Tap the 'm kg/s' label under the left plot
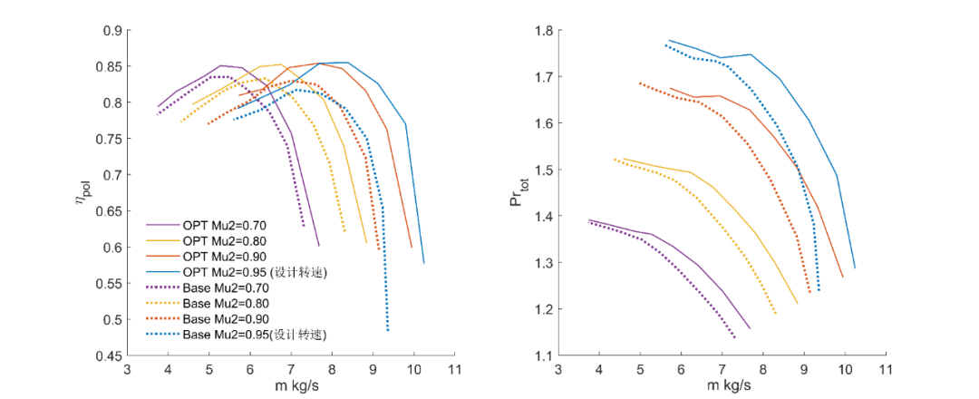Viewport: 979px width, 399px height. [291, 385]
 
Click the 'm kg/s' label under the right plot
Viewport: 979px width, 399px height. [722, 385]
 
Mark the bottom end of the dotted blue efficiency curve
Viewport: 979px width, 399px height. [388, 331]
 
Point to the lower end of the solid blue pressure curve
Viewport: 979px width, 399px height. [855, 268]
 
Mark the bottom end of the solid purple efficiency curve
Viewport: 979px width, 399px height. [319, 246]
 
